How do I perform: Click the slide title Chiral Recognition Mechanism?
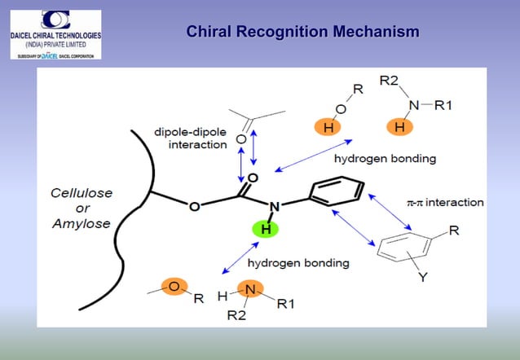(302, 33)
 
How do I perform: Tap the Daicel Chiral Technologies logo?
(55, 34)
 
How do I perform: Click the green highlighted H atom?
(265, 230)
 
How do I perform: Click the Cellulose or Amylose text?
(81, 208)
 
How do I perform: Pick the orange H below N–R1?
(399, 128)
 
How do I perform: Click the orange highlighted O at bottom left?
(174, 287)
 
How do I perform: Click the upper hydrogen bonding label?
(374, 158)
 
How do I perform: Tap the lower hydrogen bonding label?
(298, 263)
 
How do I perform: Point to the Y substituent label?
(422, 279)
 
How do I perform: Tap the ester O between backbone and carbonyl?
(193, 206)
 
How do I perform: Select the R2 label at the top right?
(389, 82)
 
